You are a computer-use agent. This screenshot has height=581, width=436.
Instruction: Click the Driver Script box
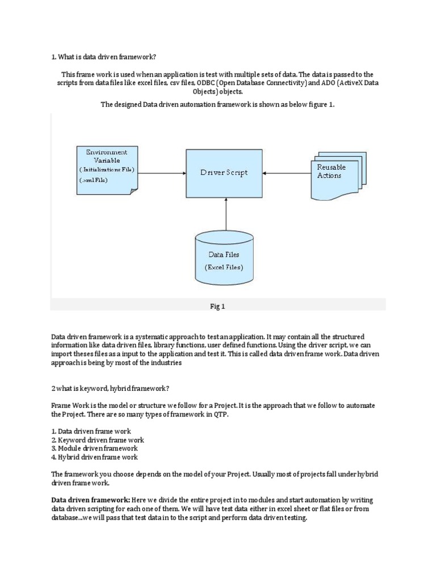[224, 172]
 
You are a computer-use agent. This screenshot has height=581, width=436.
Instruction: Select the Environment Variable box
[107, 169]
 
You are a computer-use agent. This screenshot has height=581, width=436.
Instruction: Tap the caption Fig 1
[218, 306]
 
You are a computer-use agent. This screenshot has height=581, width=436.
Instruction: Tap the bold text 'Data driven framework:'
[90, 500]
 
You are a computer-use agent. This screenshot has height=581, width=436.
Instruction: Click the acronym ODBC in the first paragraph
[200, 83]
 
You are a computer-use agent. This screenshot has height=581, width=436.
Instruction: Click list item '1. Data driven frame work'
[91, 431]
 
